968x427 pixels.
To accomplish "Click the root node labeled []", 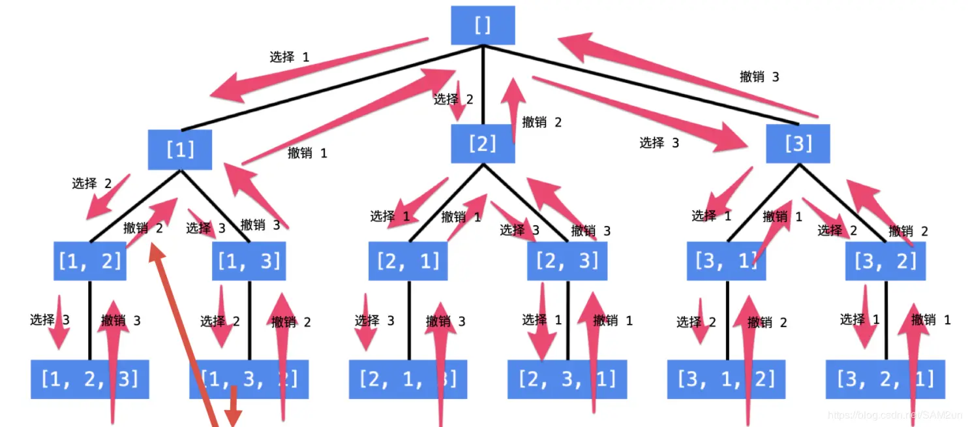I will (483, 25).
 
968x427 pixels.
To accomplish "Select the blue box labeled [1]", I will (180, 150).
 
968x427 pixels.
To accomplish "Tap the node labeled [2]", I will (483, 144).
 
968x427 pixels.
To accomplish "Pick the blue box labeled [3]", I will (798, 144).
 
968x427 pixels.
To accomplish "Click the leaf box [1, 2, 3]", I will (89, 379).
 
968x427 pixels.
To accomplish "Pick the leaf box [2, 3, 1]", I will (567, 379).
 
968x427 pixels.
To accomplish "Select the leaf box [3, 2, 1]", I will (885, 379).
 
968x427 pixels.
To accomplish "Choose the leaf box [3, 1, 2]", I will (726, 379).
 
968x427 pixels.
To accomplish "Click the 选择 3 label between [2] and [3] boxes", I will (659, 142).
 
